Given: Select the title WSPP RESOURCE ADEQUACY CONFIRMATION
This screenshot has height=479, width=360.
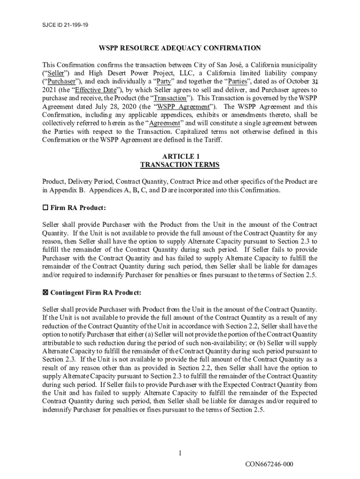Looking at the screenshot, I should (x=180, y=48).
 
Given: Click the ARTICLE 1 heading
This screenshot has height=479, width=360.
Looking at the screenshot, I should (x=180, y=157).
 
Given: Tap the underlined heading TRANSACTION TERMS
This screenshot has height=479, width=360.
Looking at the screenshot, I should (x=180, y=165).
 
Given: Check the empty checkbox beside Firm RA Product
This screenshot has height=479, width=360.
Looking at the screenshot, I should (x=45, y=208).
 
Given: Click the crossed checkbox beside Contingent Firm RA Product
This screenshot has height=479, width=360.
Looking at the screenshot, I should (x=45, y=293).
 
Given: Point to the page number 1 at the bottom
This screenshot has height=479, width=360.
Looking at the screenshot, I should (x=180, y=453).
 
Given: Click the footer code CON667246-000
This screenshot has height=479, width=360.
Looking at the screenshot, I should (x=270, y=464).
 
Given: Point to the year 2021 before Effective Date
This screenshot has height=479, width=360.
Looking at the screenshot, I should (x=50, y=90).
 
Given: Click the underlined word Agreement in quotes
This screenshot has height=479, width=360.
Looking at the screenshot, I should (x=163, y=123).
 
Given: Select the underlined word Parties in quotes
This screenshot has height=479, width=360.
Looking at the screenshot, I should (x=237, y=81).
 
